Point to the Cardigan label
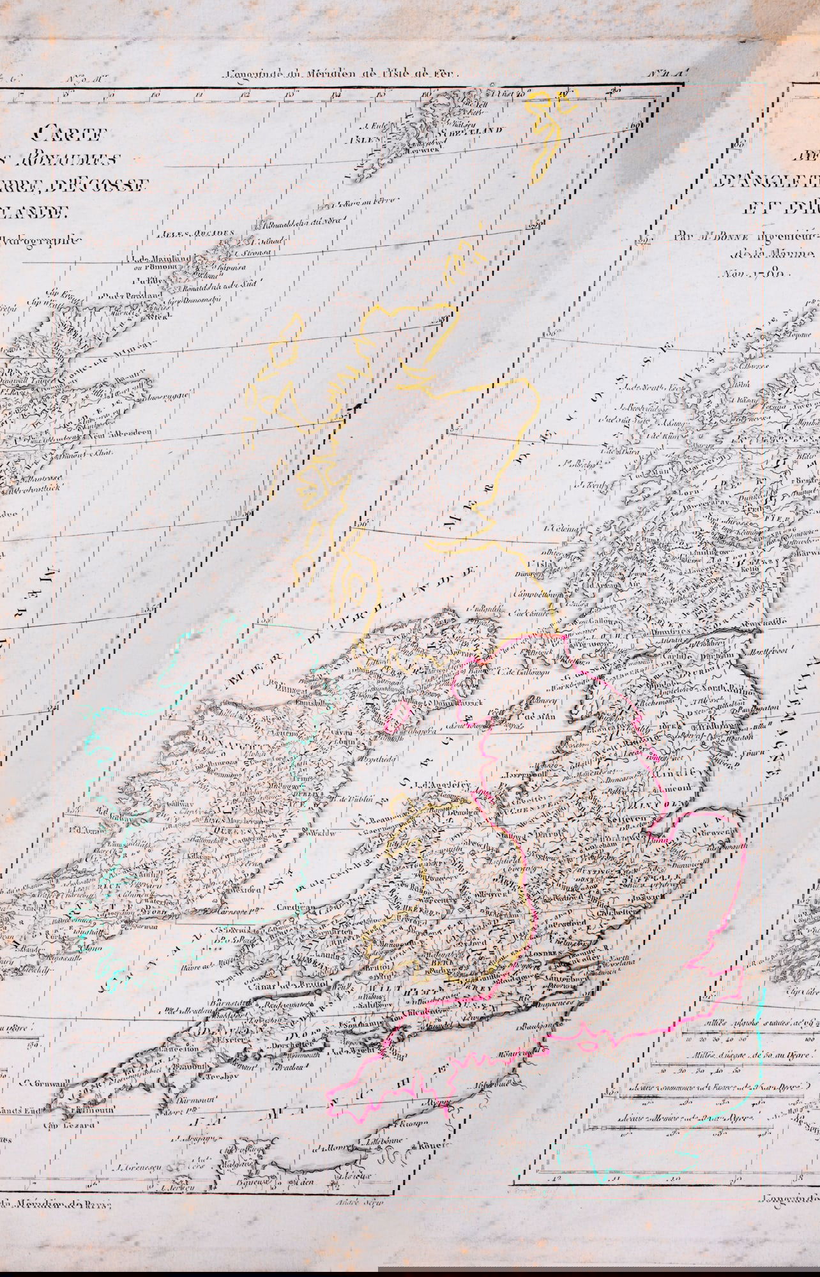(x=293, y=907)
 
